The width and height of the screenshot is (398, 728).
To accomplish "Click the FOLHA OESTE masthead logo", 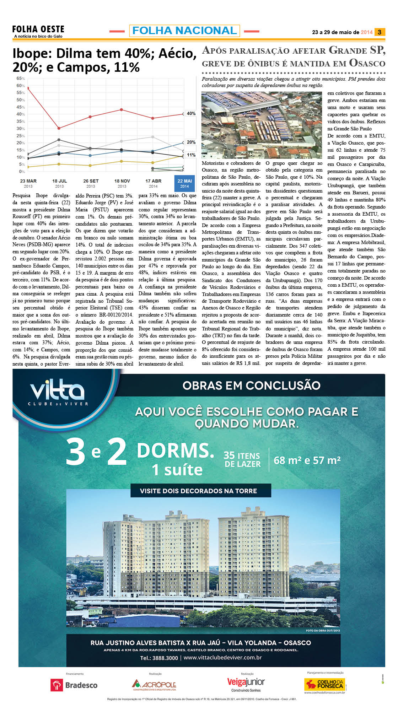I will tap(38, 29).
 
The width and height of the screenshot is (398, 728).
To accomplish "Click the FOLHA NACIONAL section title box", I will tap(184, 31).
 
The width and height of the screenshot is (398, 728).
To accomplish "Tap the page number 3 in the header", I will tap(380, 32).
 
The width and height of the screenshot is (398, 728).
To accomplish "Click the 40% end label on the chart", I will tap(191, 114).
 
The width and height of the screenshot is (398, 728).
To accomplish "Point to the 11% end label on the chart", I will tap(191, 155).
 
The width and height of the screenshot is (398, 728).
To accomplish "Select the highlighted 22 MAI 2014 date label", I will tap(184, 183).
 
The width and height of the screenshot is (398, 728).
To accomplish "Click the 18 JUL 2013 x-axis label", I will tap(59, 183).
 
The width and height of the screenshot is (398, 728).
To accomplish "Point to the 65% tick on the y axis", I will tap(20, 79).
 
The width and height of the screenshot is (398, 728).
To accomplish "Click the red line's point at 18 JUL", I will tap(59, 128).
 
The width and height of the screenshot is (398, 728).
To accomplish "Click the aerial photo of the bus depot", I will tap(262, 125).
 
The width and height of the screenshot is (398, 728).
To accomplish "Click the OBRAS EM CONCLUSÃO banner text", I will tap(251, 385).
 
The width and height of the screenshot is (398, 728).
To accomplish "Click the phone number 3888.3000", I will tap(159, 658).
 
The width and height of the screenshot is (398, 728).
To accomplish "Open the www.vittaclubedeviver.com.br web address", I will tap(222, 657).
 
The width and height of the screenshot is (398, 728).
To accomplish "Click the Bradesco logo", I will tap(74, 685).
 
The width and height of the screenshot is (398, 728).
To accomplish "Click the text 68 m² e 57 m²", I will tap(307, 460).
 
